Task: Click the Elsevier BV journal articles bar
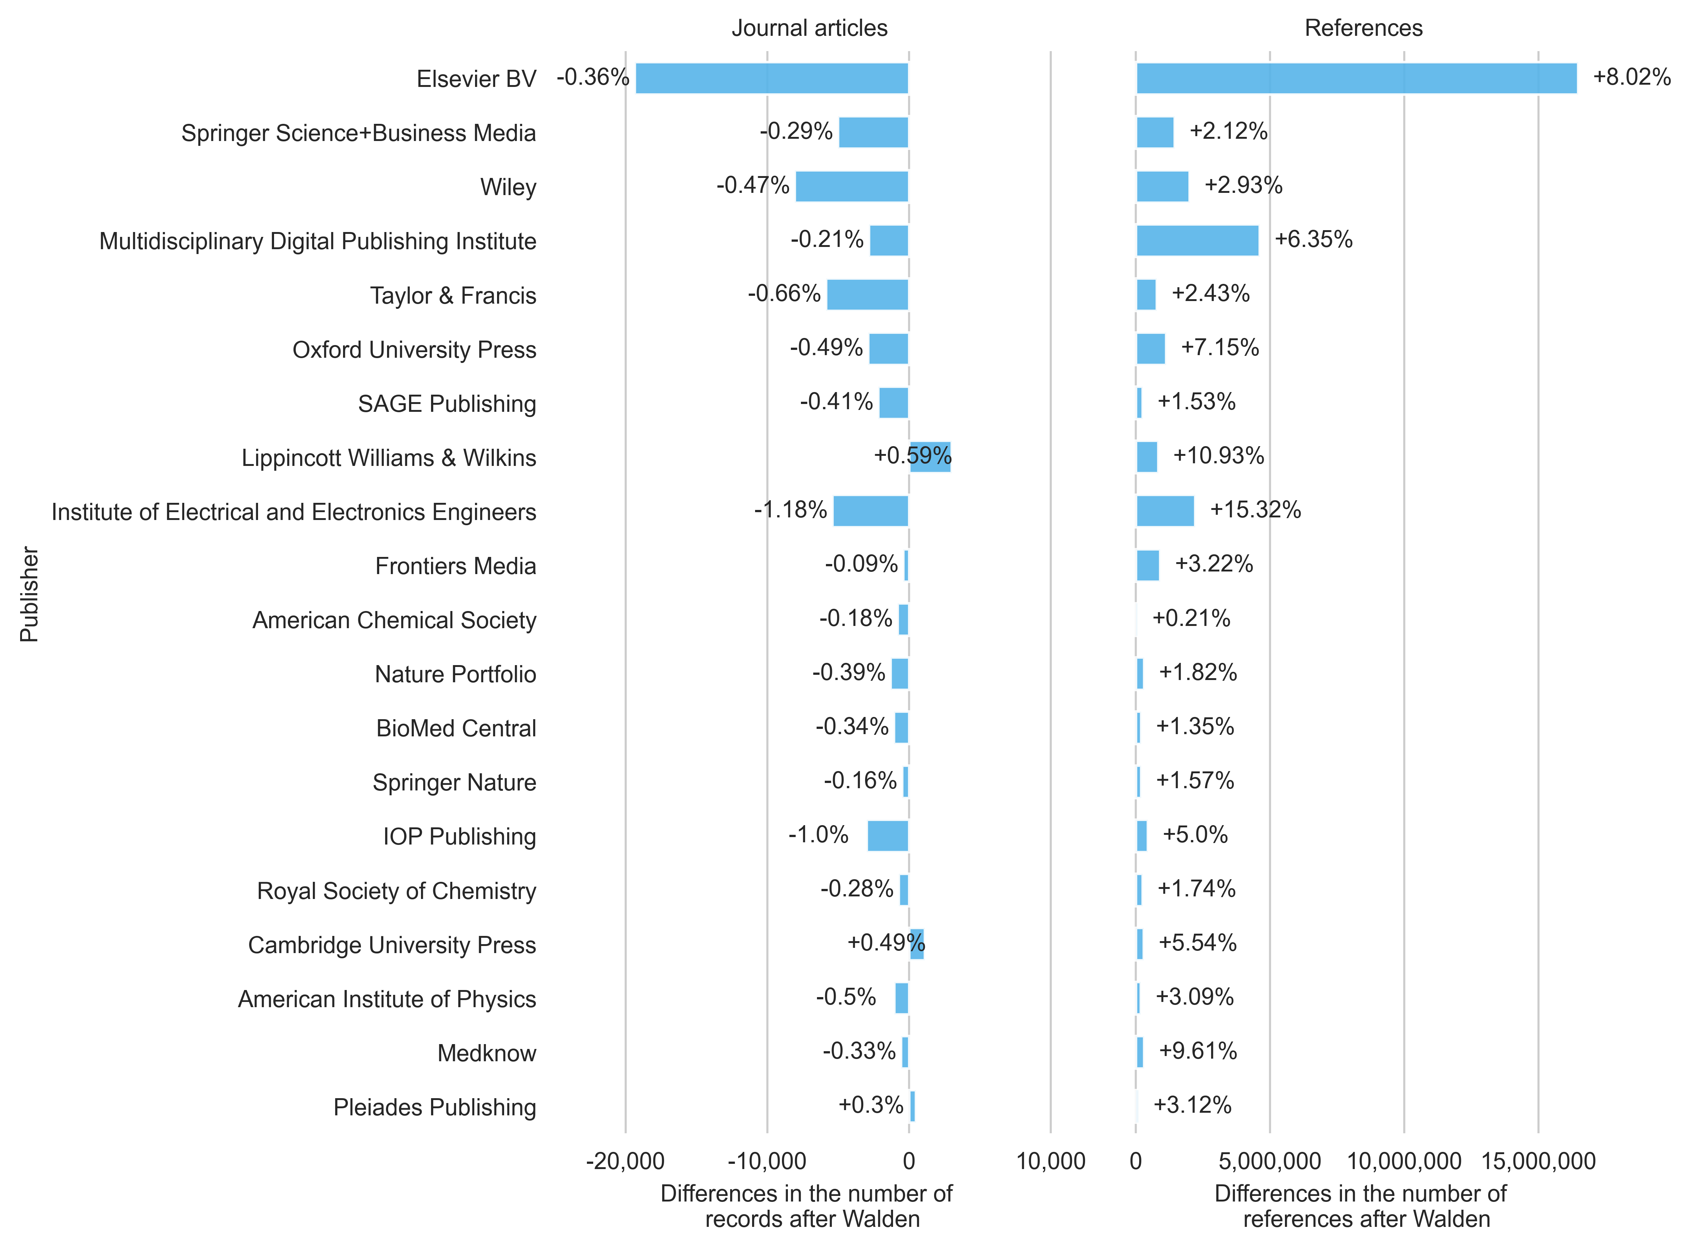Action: point(771,78)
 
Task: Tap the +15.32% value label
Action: point(1255,510)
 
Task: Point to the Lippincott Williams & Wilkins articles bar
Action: point(930,457)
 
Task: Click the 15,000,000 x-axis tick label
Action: point(1538,1162)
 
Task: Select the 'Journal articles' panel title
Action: point(809,28)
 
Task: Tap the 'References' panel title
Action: point(1364,28)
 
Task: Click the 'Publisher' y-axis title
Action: point(29,595)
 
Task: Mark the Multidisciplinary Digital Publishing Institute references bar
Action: point(1197,241)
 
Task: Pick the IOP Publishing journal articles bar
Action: point(888,835)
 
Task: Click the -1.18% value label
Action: point(790,510)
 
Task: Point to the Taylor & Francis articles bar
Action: point(867,294)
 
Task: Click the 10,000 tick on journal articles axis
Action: point(1050,1162)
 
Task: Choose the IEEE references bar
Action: point(1164,511)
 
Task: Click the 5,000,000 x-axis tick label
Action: point(1270,1162)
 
